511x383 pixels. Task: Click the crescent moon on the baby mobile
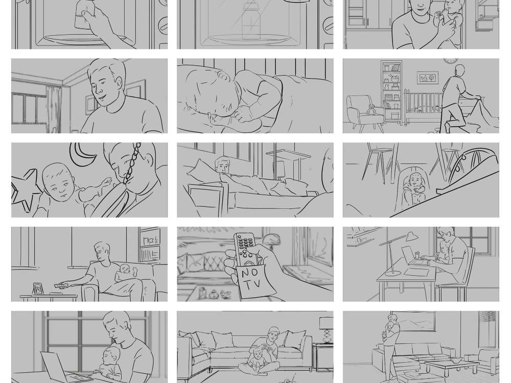pos(81,154)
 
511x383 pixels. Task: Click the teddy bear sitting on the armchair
pos(371,110)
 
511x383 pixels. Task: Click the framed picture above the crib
pos(427,78)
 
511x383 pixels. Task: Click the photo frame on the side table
pos(37,289)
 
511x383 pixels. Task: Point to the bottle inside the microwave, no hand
pos(250,23)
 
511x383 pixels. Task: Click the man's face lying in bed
pos(222,165)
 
